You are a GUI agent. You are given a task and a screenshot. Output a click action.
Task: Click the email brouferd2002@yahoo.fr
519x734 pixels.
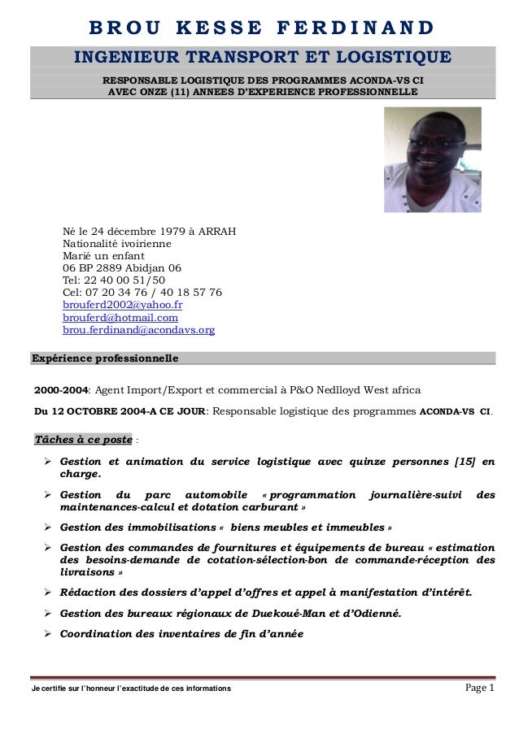tap(122, 305)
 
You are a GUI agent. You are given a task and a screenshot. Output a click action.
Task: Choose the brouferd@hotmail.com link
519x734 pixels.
tap(120, 318)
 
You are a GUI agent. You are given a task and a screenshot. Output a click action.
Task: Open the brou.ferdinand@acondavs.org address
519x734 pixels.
tap(138, 331)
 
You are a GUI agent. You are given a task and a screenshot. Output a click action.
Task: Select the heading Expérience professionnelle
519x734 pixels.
tap(104, 358)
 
